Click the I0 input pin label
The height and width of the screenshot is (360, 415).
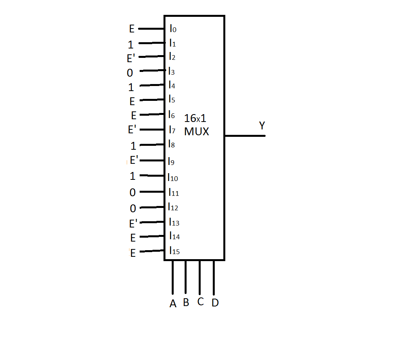click(x=173, y=29)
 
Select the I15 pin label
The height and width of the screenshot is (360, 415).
click(x=174, y=251)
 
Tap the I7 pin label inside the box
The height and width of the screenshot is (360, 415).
click(x=172, y=130)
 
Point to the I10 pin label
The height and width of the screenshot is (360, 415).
click(x=173, y=177)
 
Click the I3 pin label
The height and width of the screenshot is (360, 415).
click(x=171, y=71)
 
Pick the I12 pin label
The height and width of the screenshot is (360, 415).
click(x=173, y=207)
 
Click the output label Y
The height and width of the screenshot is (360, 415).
click(x=262, y=125)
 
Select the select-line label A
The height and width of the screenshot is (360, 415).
click(x=173, y=303)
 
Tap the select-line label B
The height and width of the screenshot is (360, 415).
click(x=186, y=302)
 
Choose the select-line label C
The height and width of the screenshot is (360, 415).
click(x=201, y=301)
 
